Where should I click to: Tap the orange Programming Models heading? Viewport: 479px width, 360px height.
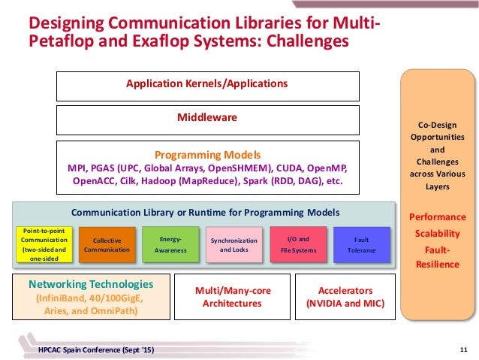pyautogui.click(x=206, y=155)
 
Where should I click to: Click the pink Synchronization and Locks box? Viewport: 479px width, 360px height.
pyautogui.click(x=233, y=245)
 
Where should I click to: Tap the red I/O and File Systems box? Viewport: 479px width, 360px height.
pyautogui.click(x=298, y=244)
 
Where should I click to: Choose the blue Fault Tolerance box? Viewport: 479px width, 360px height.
pyautogui.click(x=362, y=244)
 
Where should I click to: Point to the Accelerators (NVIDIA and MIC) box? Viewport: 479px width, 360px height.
pyautogui.click(x=345, y=297)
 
